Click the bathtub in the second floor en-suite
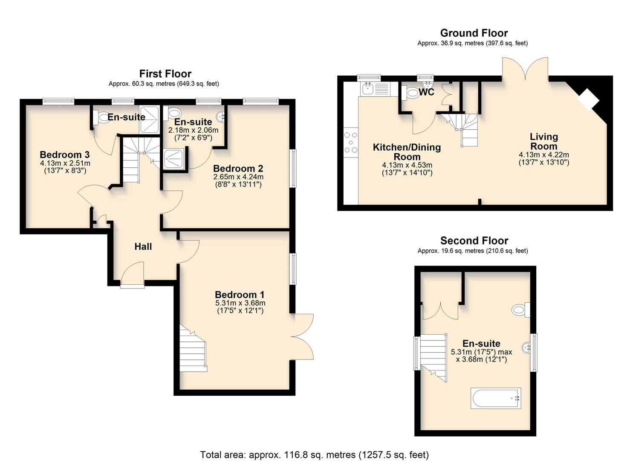[x=496, y=398]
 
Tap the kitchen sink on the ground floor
[x=367, y=89]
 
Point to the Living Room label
[x=543, y=141]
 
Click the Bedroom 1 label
[x=240, y=295]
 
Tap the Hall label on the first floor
[x=143, y=246]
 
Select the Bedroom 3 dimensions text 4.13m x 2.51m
[x=65, y=163]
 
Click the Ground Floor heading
[x=474, y=33]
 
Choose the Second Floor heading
[x=474, y=241]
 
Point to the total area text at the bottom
[x=314, y=455]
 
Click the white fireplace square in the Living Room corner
[x=588, y=99]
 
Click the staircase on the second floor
[x=434, y=356]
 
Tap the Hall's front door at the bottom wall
[x=133, y=277]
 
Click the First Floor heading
[x=165, y=74]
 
